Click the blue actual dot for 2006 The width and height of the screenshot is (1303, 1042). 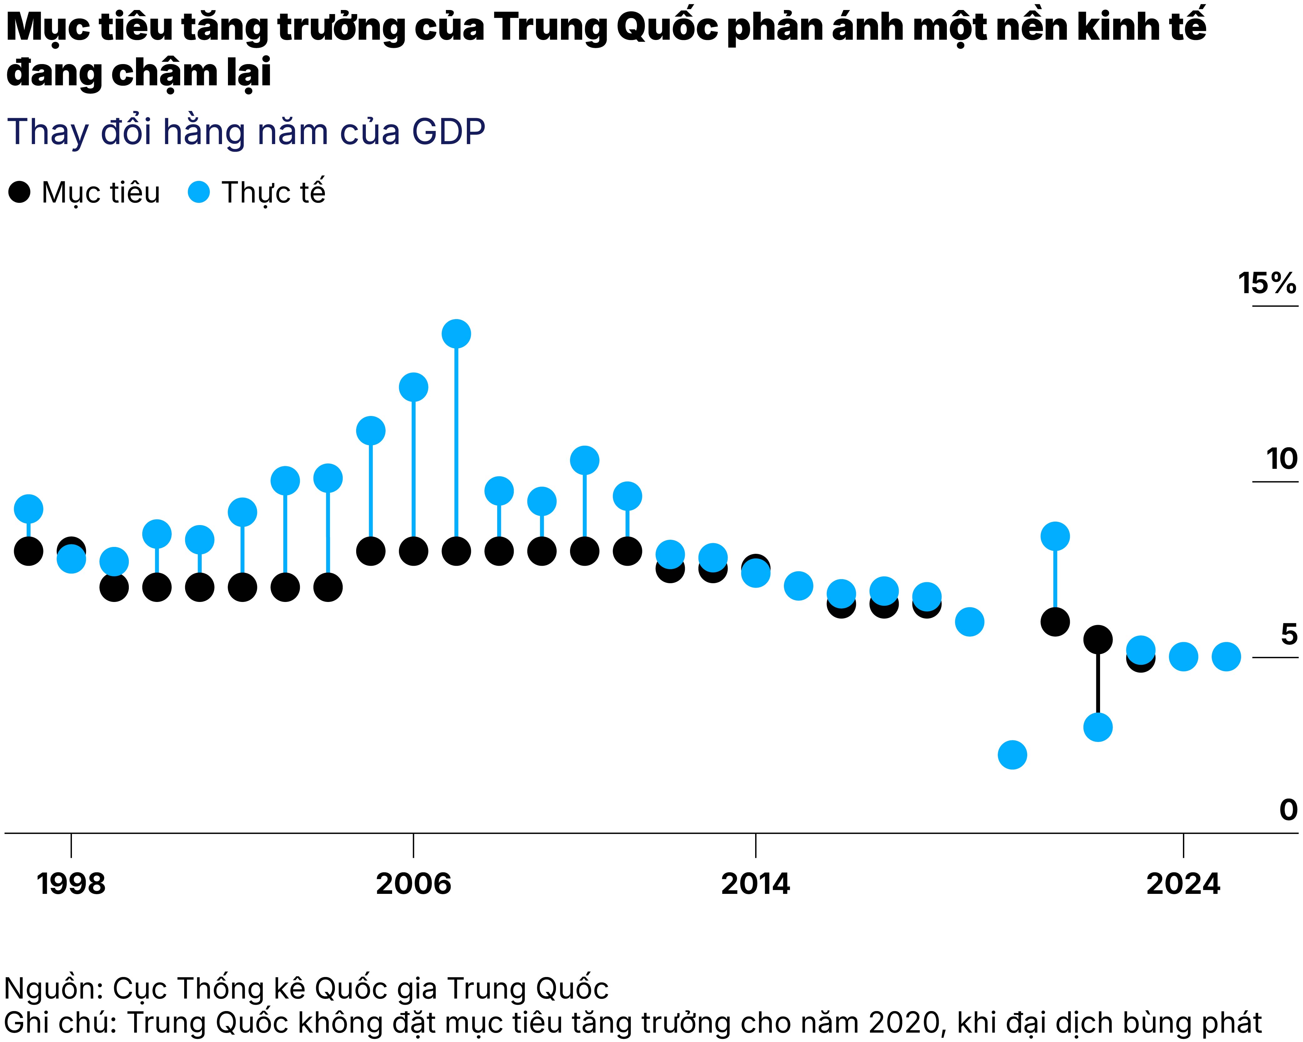[x=413, y=387]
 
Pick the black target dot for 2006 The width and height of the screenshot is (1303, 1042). [x=413, y=551]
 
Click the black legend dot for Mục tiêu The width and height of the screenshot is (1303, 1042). [x=19, y=193]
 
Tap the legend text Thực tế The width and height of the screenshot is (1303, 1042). [x=273, y=193]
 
